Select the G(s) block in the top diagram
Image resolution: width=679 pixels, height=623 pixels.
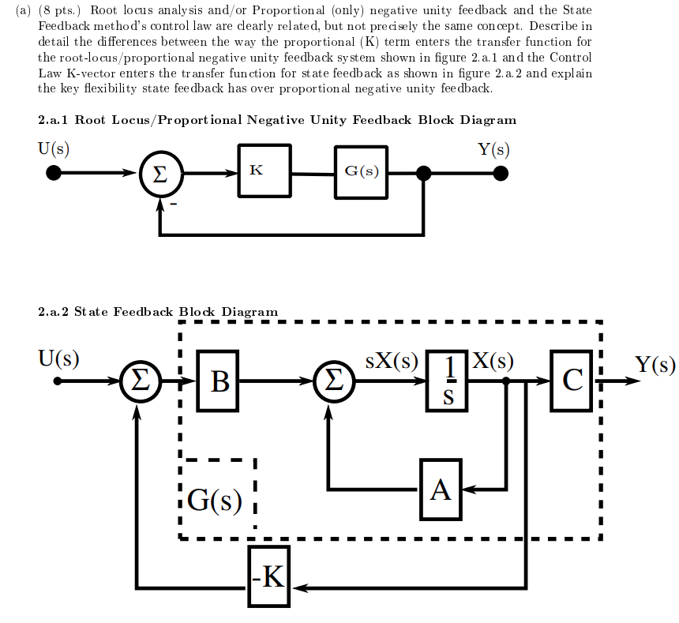[x=361, y=172]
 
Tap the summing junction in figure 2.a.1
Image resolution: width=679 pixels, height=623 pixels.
[x=159, y=175]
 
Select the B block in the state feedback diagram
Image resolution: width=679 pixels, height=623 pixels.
[x=219, y=382]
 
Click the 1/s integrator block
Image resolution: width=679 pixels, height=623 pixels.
[x=448, y=381]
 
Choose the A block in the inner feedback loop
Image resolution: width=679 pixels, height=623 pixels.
[x=441, y=490]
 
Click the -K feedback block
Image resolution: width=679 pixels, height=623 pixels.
[x=268, y=576]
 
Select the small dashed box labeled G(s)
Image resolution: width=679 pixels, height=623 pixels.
[x=216, y=498]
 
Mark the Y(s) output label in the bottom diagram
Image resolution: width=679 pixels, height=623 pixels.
[x=655, y=364]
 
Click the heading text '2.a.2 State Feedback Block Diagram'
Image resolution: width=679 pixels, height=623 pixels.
[x=158, y=312]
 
